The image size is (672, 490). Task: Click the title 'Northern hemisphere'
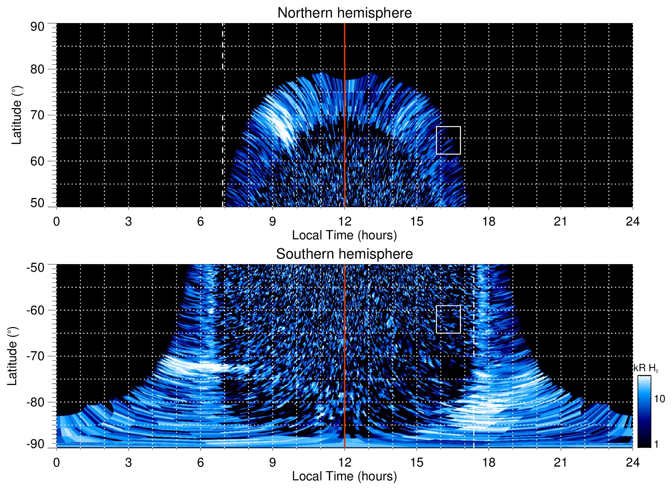pyautogui.click(x=344, y=13)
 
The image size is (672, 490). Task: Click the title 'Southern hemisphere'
pyautogui.click(x=344, y=254)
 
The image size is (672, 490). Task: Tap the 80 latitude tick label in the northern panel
pyautogui.click(x=37, y=69)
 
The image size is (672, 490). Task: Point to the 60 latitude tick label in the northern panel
pyautogui.click(x=37, y=161)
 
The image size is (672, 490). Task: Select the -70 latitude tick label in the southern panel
pyautogui.click(x=35, y=356)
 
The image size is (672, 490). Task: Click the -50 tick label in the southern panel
pyautogui.click(x=35, y=268)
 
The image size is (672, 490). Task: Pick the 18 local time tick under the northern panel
pyautogui.click(x=488, y=221)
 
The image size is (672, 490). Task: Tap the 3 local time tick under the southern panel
pyautogui.click(x=128, y=462)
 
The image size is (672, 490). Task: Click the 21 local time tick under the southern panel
pyautogui.click(x=560, y=462)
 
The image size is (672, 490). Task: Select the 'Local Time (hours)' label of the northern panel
pyautogui.click(x=344, y=236)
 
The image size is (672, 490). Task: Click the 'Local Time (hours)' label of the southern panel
pyautogui.click(x=344, y=477)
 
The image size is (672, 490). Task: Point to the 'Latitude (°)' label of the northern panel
pyautogui.click(x=17, y=115)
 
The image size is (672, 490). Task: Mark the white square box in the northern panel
pyautogui.click(x=448, y=140)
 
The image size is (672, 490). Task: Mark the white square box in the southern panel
pyautogui.click(x=448, y=319)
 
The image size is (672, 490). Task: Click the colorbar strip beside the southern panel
pyautogui.click(x=644, y=411)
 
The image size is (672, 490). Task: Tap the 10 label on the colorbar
pyautogui.click(x=659, y=399)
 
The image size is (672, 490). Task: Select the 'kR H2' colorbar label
pyautogui.click(x=646, y=368)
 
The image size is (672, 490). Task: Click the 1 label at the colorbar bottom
pyautogui.click(x=656, y=444)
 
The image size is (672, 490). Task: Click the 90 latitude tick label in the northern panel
pyautogui.click(x=37, y=27)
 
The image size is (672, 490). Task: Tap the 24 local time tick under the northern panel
pyautogui.click(x=632, y=221)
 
